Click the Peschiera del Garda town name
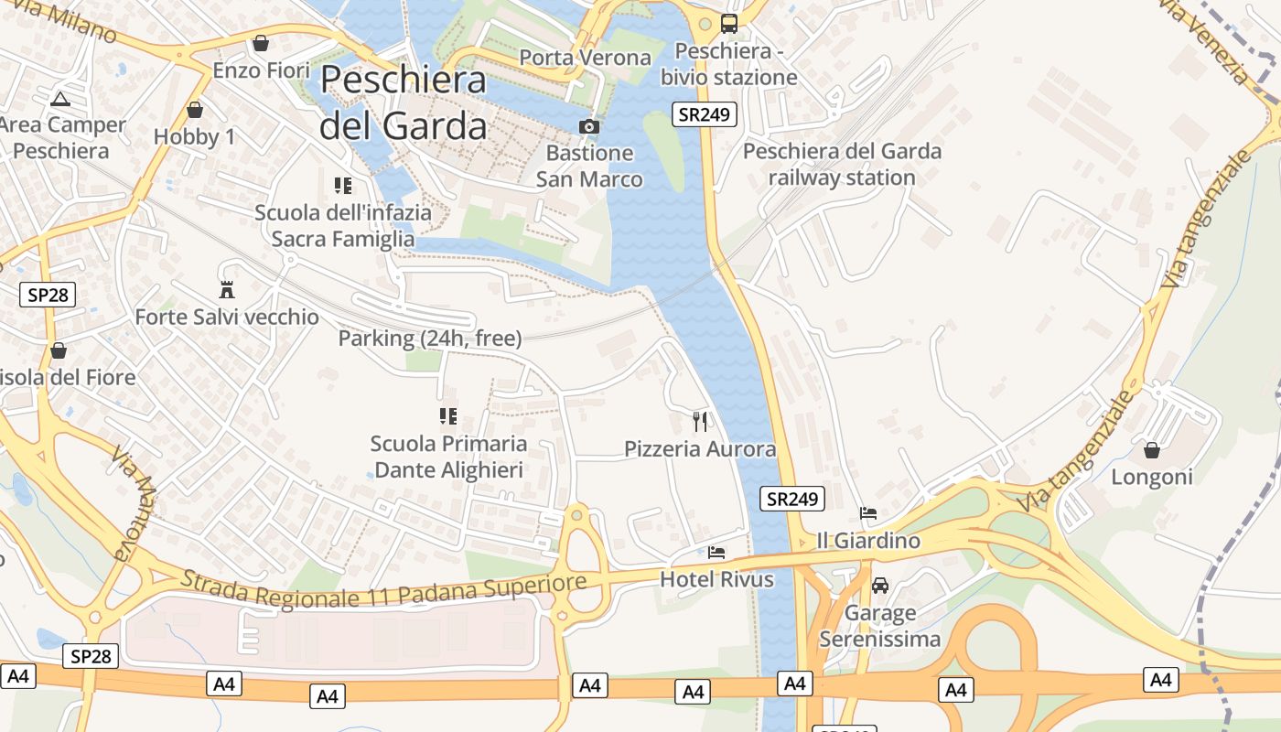pyautogui.click(x=403, y=102)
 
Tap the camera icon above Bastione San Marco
pyautogui.click(x=589, y=126)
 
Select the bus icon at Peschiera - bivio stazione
pyautogui.click(x=729, y=24)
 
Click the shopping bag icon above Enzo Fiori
pyautogui.click(x=261, y=43)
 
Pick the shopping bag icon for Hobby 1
pyautogui.click(x=194, y=111)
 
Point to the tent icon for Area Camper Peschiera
pyautogui.click(x=60, y=99)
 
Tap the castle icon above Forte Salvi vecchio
pyautogui.click(x=227, y=290)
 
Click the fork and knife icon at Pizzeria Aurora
pyautogui.click(x=700, y=421)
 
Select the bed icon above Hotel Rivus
pyautogui.click(x=716, y=553)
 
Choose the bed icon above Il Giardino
pyautogui.click(x=867, y=513)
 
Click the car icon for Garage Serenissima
pyautogui.click(x=879, y=586)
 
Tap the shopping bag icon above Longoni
pyautogui.click(x=1152, y=450)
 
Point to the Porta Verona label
pyautogui.click(x=586, y=58)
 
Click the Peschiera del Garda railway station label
pyautogui.click(x=842, y=164)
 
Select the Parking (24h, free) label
pyautogui.click(x=430, y=339)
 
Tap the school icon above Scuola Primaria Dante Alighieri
pyautogui.click(x=448, y=416)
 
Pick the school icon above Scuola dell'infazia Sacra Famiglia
pyautogui.click(x=343, y=186)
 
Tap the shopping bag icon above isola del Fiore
pyautogui.click(x=59, y=350)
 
